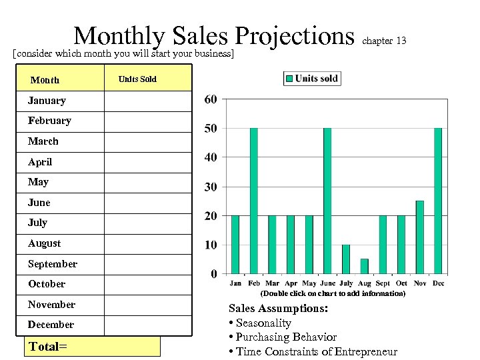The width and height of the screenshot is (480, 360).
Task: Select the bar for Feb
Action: click(254, 200)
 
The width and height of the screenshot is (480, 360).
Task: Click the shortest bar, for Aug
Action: click(364, 266)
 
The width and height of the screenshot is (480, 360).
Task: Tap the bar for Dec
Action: click(438, 200)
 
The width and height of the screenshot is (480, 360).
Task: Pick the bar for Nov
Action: click(419, 237)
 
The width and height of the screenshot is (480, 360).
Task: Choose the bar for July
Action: click(345, 259)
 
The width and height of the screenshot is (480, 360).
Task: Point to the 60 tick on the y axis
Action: click(211, 99)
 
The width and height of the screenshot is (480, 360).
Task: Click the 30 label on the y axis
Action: click(211, 187)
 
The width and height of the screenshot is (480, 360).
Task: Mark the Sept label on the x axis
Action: click(383, 283)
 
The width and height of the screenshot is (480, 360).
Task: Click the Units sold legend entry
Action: click(312, 79)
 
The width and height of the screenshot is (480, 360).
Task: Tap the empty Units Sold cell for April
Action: click(147, 162)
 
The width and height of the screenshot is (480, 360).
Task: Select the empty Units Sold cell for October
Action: click(147, 284)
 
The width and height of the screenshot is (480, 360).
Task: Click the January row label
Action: click(47, 101)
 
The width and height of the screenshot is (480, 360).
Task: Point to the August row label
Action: click(44, 243)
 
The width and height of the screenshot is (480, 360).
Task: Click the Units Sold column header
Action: click(137, 79)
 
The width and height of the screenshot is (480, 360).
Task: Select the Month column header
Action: click(45, 80)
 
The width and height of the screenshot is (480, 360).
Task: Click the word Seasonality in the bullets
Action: click(263, 323)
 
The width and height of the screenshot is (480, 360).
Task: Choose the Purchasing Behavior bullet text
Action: click(286, 337)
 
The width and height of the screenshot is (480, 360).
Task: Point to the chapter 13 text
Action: click(384, 41)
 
